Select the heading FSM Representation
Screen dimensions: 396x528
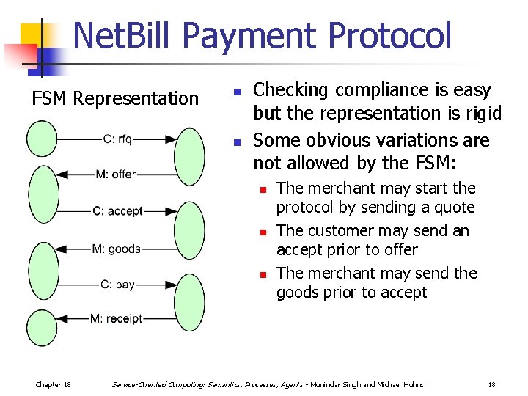(x=115, y=98)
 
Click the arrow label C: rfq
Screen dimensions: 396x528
(x=117, y=138)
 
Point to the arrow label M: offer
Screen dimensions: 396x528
(x=116, y=175)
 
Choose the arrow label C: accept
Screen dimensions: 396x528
(x=117, y=211)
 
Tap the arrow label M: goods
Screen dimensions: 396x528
(x=116, y=249)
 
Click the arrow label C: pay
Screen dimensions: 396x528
(x=117, y=285)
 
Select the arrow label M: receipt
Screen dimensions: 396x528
(x=116, y=319)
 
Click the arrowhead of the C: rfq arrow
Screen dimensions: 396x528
(x=171, y=138)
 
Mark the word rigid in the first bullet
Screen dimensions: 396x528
(x=481, y=113)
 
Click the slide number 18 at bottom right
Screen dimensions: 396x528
(x=491, y=384)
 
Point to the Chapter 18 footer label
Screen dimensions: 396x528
(x=53, y=384)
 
